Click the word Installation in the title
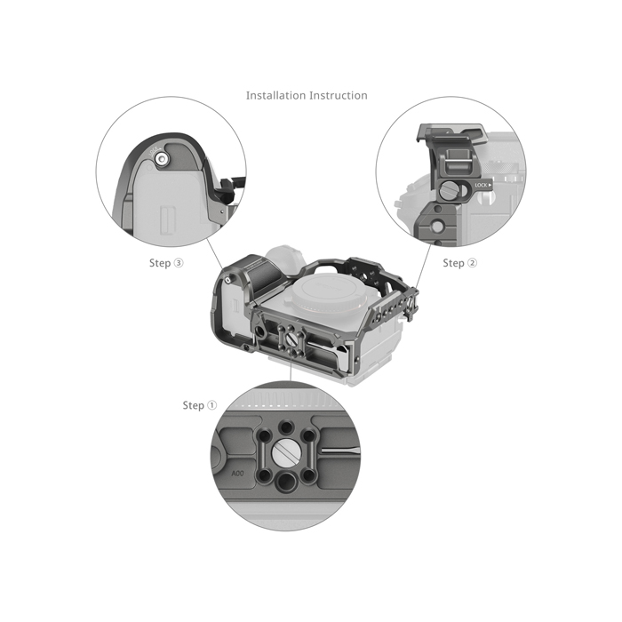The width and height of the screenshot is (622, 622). pos(275,95)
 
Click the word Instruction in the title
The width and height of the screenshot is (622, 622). pos(339,95)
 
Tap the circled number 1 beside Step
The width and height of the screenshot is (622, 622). pos(212,405)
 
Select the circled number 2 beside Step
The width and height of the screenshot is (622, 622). pos(473,263)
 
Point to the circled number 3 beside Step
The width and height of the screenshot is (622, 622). pos(179,263)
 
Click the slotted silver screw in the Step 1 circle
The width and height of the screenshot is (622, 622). pos(285,452)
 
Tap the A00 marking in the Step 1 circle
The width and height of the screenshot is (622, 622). pos(237,474)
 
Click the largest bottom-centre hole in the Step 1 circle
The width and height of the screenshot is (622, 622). pos(285,481)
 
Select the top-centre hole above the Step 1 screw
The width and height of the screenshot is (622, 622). pos(285,427)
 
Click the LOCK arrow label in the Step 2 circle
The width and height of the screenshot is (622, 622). pos(483,185)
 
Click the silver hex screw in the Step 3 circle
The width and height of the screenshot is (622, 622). pos(162,159)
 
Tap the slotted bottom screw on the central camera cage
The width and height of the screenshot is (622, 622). pos(291,340)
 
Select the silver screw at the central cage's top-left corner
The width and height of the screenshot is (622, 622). pos(227,281)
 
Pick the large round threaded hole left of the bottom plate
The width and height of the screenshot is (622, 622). pos(260,331)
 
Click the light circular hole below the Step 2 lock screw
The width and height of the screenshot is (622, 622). pos(437,227)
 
